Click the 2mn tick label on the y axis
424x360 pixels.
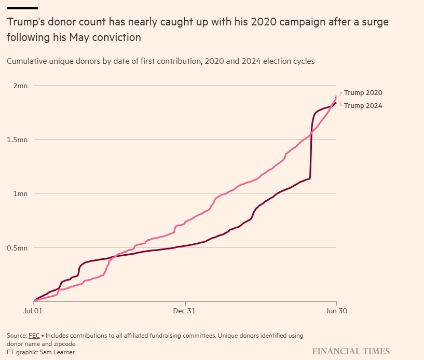point(20,86)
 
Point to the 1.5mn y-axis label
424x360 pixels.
point(17,140)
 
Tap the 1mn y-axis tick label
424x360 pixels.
point(20,194)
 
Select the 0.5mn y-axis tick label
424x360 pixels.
point(17,248)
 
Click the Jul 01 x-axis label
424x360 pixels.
point(33,311)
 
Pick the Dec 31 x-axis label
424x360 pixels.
point(184,311)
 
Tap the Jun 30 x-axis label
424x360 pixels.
point(336,311)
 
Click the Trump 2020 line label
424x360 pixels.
point(363,93)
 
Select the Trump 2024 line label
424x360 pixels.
point(363,106)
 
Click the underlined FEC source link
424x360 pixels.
point(34,336)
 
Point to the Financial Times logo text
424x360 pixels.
point(351,351)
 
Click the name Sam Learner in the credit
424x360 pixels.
point(57,352)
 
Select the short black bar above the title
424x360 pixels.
point(22,8)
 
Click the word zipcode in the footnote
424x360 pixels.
point(66,344)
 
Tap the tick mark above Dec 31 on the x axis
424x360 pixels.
point(185,303)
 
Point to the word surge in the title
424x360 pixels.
point(378,22)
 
